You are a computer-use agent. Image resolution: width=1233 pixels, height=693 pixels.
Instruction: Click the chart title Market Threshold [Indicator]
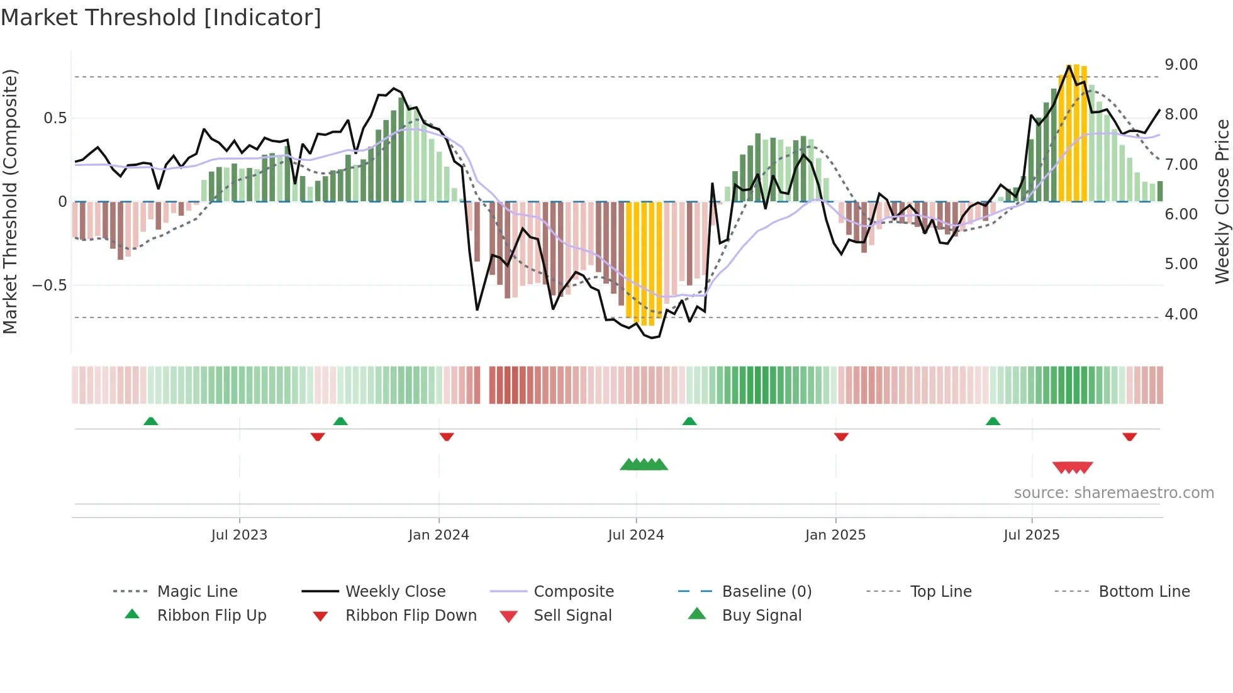(161, 18)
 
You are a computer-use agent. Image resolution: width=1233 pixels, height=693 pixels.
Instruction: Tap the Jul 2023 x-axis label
(239, 535)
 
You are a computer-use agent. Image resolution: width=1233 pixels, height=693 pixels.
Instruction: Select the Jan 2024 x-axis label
(438, 535)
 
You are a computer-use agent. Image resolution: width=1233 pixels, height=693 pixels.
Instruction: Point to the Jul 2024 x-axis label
(636, 535)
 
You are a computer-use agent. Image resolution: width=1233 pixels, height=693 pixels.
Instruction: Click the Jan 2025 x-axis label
(835, 535)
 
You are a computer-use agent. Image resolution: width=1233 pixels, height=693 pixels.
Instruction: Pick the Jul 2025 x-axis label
(1032, 535)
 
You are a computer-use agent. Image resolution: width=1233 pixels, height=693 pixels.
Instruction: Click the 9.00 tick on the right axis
(1181, 65)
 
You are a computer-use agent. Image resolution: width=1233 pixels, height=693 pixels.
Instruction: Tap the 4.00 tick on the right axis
(1181, 314)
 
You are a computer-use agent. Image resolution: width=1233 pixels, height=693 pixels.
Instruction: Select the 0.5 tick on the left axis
(55, 118)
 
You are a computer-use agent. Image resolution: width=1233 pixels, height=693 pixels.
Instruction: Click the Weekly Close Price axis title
(1222, 201)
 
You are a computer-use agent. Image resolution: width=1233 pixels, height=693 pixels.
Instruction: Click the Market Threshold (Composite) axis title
(10, 201)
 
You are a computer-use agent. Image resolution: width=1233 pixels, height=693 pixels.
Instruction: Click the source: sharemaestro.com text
(1113, 493)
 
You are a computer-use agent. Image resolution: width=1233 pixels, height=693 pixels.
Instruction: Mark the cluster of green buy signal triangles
(644, 465)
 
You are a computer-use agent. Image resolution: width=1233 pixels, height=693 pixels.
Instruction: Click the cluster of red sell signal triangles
(1073, 467)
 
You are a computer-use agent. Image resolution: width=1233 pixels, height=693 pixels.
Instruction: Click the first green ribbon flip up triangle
(150, 421)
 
